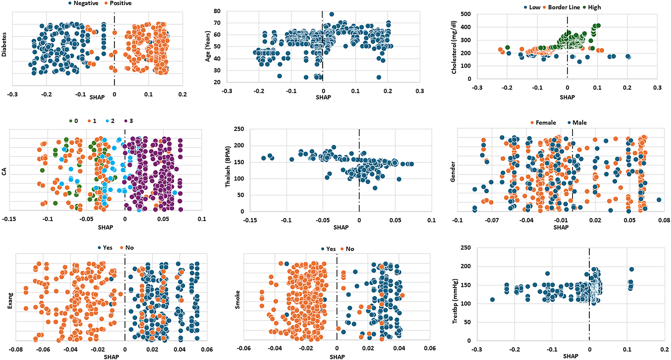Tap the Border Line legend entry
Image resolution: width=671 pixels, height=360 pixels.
click(563, 7)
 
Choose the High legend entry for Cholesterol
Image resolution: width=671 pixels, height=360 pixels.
click(594, 7)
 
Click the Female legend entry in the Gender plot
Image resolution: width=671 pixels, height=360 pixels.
click(545, 123)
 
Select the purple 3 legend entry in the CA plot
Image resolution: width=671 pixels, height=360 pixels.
click(131, 121)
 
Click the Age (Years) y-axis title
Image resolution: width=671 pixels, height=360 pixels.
click(208, 46)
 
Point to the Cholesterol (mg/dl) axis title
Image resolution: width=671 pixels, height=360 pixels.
click(454, 46)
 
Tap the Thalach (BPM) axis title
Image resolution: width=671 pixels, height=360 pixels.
click(228, 167)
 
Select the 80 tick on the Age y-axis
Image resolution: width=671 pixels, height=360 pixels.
click(217, 11)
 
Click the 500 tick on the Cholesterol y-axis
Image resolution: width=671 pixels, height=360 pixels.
click(466, 14)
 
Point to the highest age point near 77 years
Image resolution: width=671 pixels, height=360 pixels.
click(332, 14)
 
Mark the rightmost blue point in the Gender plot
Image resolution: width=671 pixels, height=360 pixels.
click(659, 200)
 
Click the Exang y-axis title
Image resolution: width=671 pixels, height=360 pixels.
click(10, 300)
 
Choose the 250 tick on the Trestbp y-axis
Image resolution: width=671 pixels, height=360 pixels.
click(466, 248)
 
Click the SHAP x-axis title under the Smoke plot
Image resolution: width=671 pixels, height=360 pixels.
click(337, 357)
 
